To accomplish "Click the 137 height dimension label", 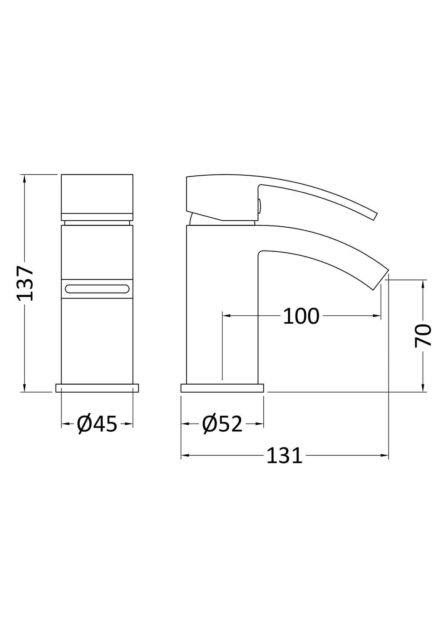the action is [x=25, y=283].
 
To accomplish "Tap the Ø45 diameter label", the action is [x=96, y=432].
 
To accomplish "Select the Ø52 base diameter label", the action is [x=222, y=432].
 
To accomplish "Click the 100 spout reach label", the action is [x=301, y=316].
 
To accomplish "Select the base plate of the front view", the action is [x=97, y=388].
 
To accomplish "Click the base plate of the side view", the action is [x=222, y=388].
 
